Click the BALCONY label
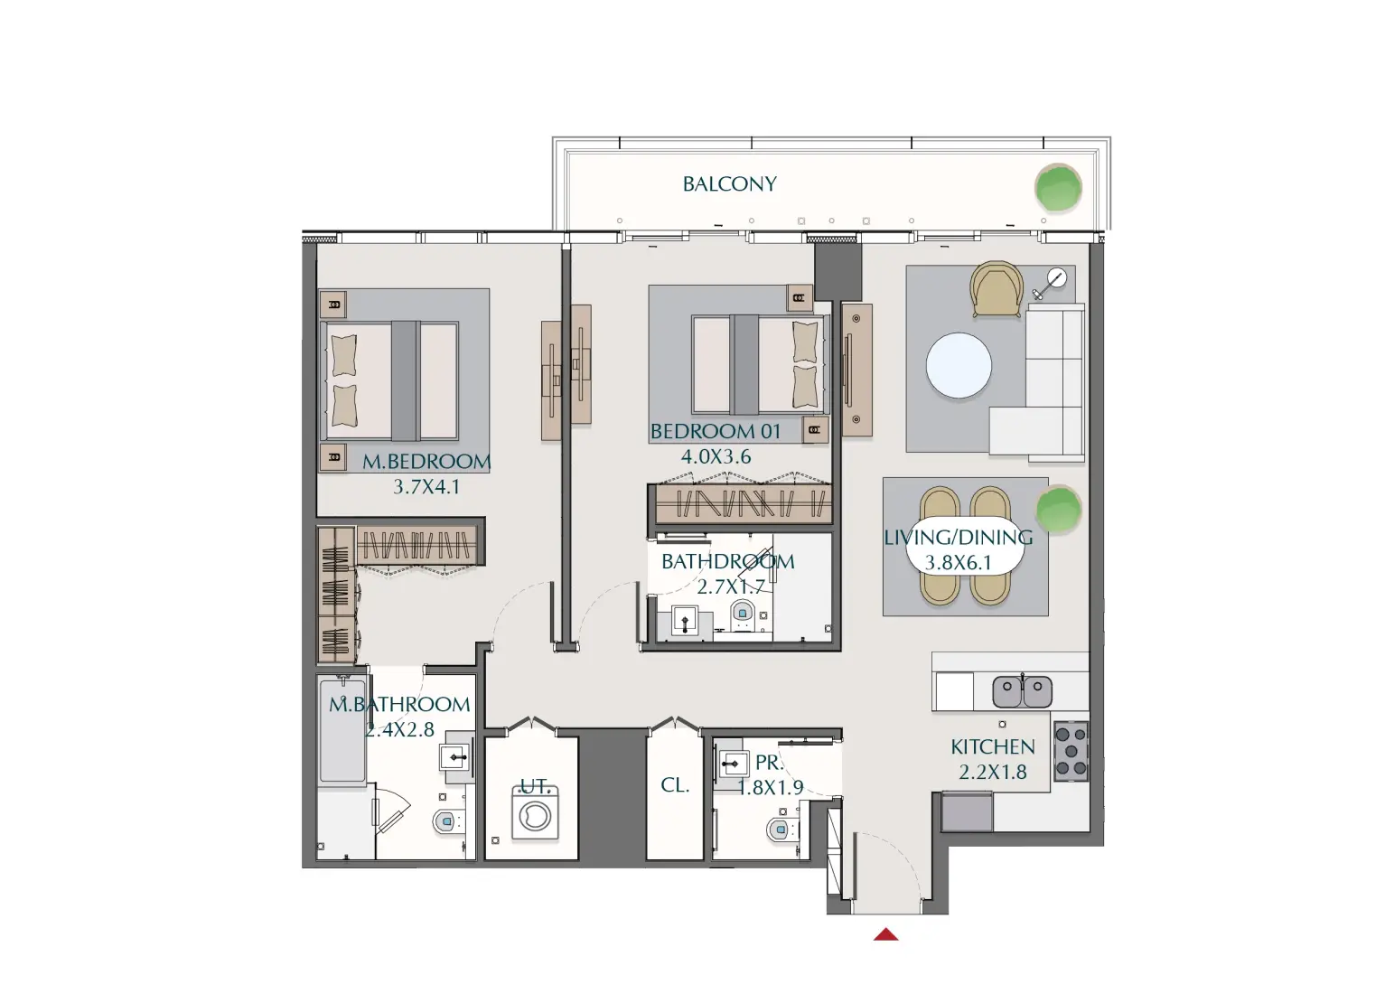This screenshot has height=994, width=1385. [x=729, y=184]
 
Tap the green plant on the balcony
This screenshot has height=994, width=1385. [x=1057, y=188]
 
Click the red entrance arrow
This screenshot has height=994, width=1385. [x=886, y=934]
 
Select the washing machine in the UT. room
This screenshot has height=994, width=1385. [x=535, y=813]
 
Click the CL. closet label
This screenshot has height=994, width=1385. [x=675, y=785]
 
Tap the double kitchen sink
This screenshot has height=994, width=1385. [x=1023, y=692]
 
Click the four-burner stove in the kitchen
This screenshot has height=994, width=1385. [x=1071, y=751]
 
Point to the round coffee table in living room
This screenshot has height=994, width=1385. [x=959, y=368]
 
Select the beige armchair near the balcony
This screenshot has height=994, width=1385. [x=997, y=288]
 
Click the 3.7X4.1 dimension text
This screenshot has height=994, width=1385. [x=426, y=487]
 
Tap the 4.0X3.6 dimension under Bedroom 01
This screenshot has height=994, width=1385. [x=716, y=457]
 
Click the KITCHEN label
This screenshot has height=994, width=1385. [x=992, y=747]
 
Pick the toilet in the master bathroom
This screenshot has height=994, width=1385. [x=445, y=822]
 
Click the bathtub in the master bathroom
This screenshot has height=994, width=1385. [x=342, y=732]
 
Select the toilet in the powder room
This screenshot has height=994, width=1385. [x=777, y=829]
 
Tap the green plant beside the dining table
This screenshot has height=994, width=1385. [x=1058, y=510]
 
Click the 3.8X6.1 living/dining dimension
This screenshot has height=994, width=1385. [x=958, y=563]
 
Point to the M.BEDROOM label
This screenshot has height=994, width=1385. [x=426, y=462]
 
